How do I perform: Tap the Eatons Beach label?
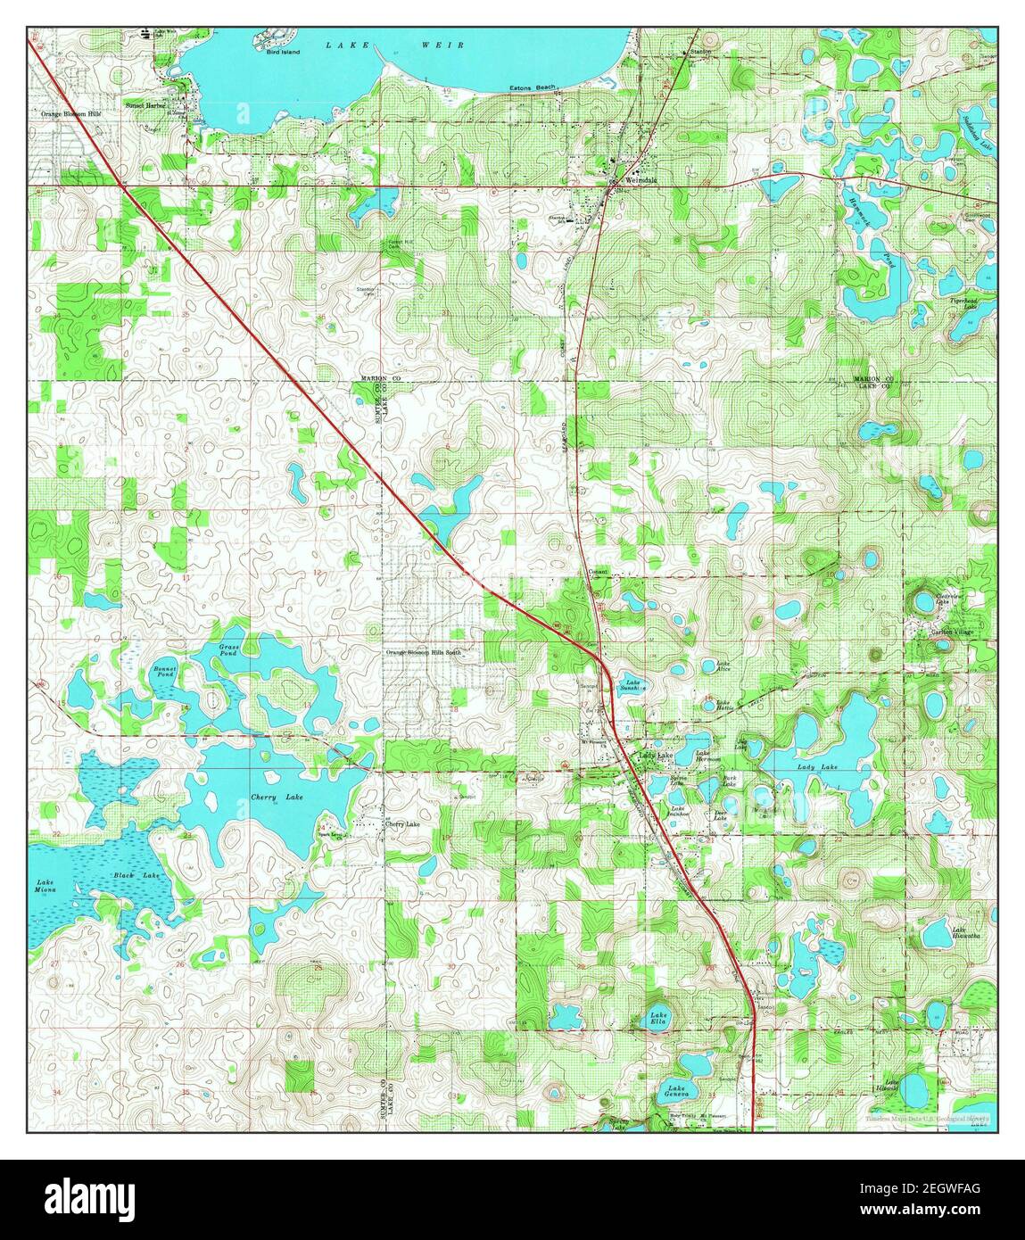click(533, 87)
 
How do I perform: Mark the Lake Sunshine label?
click(632, 686)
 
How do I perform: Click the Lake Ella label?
click(658, 1019)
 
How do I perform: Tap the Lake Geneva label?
click(677, 1093)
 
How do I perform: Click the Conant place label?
click(597, 572)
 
